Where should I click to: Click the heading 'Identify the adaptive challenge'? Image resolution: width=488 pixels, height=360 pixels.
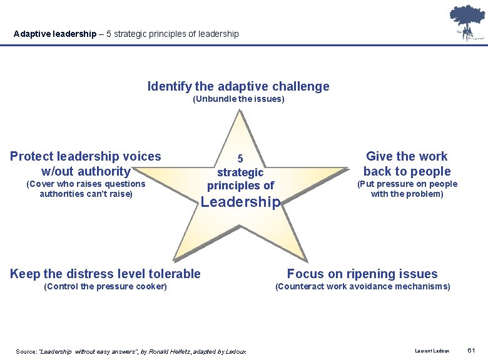coord(238,86)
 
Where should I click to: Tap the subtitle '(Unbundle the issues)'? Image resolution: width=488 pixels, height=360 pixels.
coord(238,99)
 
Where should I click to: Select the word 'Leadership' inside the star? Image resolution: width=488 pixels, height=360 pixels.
coord(240,202)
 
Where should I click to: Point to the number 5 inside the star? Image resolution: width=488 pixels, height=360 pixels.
coord(240,159)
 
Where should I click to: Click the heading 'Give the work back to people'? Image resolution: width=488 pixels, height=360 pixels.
coord(407,164)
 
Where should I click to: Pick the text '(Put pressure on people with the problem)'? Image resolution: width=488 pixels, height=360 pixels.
coord(407,189)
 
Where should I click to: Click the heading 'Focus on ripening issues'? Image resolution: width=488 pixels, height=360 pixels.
coord(362,274)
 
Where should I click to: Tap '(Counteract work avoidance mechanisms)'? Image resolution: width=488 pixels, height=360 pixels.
coord(362,286)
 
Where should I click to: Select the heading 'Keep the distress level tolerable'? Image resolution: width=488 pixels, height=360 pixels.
coord(106,274)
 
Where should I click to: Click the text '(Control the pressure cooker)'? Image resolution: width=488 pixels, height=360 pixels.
coord(106,286)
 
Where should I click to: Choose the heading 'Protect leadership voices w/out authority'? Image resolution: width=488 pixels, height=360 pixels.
coord(86,164)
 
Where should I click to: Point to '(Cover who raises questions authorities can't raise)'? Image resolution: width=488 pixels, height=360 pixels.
coord(86,189)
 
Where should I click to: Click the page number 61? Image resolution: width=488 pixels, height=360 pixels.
coord(472,351)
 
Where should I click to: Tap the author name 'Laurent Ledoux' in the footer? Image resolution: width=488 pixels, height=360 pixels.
coord(432,351)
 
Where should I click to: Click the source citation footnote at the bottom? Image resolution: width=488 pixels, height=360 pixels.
coord(131,351)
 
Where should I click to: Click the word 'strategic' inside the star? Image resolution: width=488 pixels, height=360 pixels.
coord(240,172)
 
